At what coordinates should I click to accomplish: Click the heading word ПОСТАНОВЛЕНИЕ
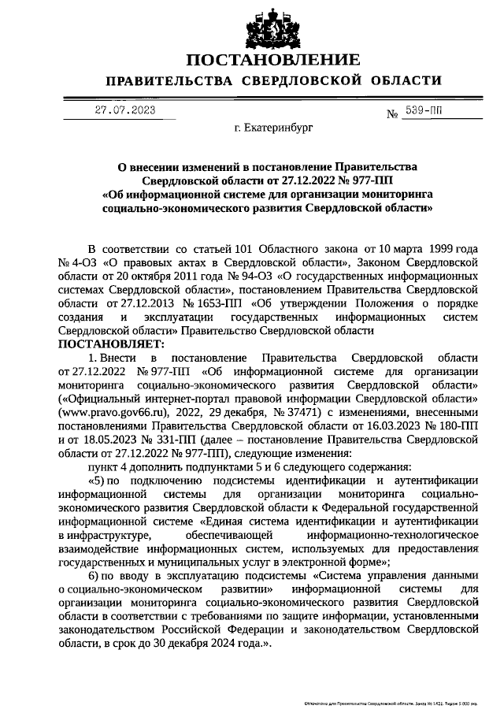click(273, 60)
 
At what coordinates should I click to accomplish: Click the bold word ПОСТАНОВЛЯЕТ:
click(109, 344)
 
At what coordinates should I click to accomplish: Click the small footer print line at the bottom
click(398, 702)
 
